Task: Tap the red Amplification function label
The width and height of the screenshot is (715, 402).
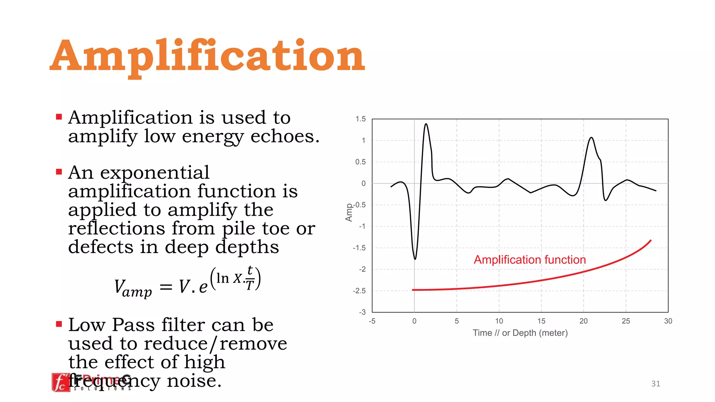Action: (x=530, y=260)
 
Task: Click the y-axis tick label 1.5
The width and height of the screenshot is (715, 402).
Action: (x=360, y=119)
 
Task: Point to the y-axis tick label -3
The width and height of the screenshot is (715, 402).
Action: (x=362, y=312)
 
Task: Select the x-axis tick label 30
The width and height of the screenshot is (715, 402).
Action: (x=668, y=321)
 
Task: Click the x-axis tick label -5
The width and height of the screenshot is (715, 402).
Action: (x=372, y=321)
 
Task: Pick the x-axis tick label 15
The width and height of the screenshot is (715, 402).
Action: (x=541, y=321)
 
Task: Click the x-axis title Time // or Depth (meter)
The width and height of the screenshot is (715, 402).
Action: (x=520, y=333)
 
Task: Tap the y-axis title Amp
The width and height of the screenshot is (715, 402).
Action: (x=349, y=213)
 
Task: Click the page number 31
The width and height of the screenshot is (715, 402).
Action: (x=656, y=384)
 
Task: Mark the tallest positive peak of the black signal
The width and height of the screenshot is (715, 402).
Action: (x=426, y=124)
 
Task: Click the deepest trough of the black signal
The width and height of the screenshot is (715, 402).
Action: (x=415, y=259)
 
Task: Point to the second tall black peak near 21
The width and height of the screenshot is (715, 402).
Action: (x=591, y=138)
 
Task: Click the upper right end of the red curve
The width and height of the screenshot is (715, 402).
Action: (x=651, y=240)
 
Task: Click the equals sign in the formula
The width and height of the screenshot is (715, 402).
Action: (x=166, y=287)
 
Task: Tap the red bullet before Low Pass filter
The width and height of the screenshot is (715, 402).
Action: (x=59, y=324)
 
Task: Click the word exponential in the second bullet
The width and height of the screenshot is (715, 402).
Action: (x=155, y=173)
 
